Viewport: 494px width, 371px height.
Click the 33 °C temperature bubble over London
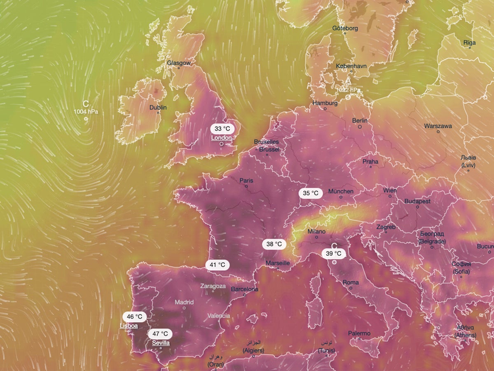(x=223, y=128)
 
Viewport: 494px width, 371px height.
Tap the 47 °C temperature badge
(x=160, y=333)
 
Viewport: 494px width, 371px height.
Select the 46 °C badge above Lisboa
(x=135, y=317)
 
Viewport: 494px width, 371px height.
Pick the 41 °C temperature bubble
(x=217, y=264)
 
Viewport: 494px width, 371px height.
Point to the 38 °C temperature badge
(x=274, y=244)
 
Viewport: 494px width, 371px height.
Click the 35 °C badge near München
(x=310, y=193)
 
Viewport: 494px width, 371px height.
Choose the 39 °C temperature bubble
(x=333, y=254)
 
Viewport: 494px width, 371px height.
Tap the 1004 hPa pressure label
(x=86, y=112)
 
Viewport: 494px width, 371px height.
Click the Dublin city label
(x=158, y=107)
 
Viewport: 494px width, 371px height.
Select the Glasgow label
(x=179, y=63)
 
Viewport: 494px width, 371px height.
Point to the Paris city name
(x=246, y=181)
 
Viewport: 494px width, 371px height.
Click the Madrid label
(x=184, y=302)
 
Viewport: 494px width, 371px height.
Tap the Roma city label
(x=351, y=282)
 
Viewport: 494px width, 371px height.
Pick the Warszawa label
(x=438, y=125)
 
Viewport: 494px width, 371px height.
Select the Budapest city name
(x=417, y=201)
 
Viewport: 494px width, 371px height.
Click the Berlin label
(x=360, y=121)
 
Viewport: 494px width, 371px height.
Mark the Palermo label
(x=359, y=333)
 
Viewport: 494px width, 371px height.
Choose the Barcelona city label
(x=245, y=289)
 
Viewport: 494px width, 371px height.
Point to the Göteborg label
(x=345, y=28)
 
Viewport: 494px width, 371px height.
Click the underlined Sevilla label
(x=161, y=343)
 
